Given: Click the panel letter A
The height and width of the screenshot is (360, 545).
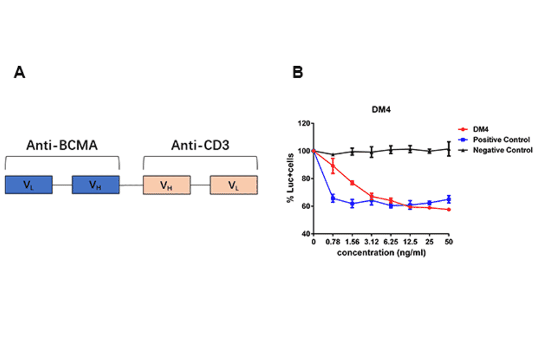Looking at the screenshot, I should click(x=19, y=73).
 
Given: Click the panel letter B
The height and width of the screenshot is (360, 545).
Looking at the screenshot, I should click(x=297, y=73).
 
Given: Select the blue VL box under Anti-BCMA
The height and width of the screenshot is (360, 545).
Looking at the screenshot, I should click(x=28, y=185).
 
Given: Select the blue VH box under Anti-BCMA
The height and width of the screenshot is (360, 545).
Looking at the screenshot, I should click(x=95, y=185).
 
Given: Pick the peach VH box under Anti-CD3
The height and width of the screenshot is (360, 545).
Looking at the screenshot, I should click(x=167, y=185).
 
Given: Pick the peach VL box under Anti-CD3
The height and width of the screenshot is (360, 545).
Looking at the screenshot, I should click(x=233, y=185).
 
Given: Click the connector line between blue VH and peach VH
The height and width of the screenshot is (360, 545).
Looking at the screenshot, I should click(x=131, y=185).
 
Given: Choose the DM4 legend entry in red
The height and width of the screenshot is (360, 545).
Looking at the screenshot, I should click(x=481, y=129).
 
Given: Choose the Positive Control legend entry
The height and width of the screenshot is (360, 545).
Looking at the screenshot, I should click(x=497, y=139).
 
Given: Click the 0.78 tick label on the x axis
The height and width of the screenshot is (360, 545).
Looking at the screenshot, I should click(x=332, y=242).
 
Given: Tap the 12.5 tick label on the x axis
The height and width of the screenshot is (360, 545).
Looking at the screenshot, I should click(x=410, y=242).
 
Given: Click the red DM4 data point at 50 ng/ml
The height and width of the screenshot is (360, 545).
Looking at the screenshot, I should click(x=448, y=210).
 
